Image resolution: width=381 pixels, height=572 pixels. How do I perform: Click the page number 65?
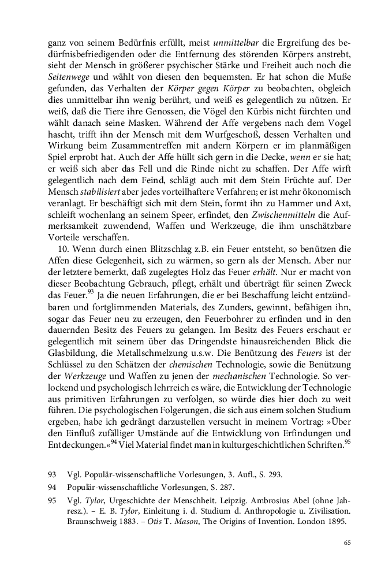tap(347, 543)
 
